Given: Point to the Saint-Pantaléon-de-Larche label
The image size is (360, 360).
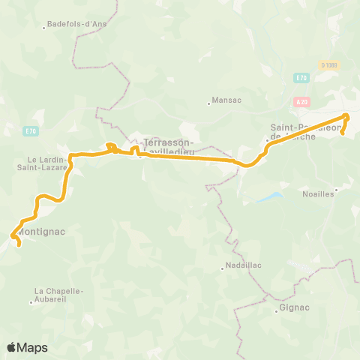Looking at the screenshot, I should [x=305, y=132].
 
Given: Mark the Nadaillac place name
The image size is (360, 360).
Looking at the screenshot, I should [x=242, y=266].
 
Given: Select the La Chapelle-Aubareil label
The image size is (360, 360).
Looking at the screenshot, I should [x=58, y=295].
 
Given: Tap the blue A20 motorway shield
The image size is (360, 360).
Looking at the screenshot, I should [x=302, y=100].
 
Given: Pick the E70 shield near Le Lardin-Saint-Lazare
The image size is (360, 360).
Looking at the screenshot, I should [x=30, y=132].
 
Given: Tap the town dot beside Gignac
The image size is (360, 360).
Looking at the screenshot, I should [x=276, y=311].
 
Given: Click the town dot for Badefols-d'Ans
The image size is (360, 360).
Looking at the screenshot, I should [x=45, y=27].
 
